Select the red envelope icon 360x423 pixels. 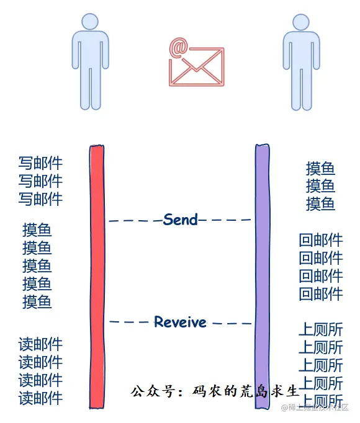(196, 68)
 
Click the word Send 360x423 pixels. (180, 220)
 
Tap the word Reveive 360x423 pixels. (180, 322)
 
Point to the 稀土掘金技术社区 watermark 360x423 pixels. (317, 407)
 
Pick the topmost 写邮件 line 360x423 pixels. (40, 164)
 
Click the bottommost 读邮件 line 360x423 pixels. (40, 398)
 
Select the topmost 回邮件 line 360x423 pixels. (320, 241)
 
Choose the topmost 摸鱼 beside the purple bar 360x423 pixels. (320, 169)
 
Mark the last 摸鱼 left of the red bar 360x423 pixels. (37, 302)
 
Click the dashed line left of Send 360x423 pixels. (135, 220)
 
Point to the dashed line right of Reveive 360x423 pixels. (230, 323)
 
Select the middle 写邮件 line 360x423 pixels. (40, 181)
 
